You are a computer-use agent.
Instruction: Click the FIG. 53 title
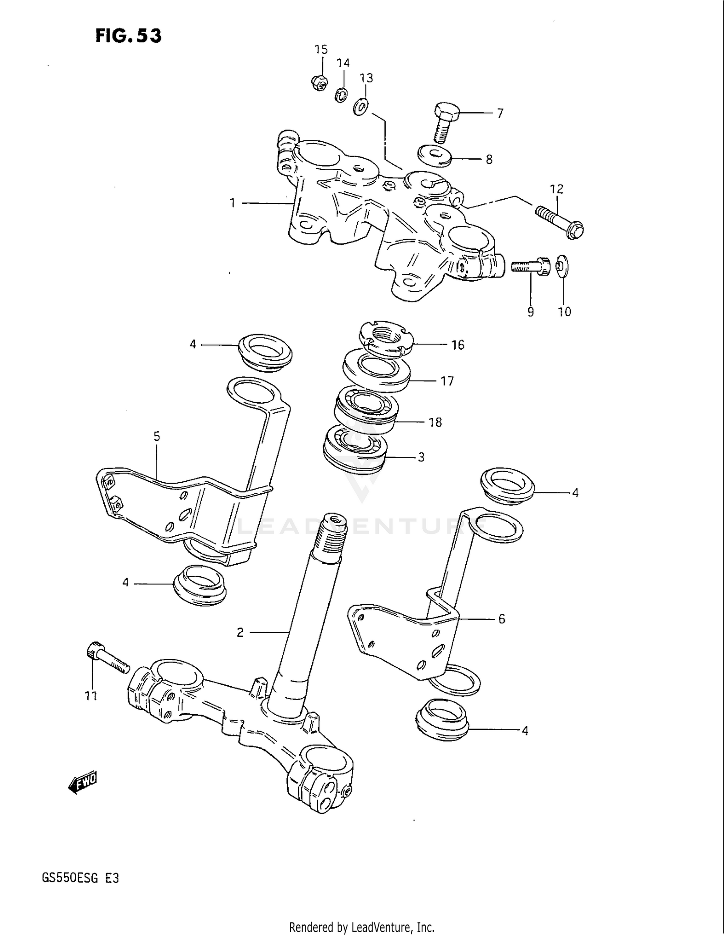(128, 35)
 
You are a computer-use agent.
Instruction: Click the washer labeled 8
(434, 155)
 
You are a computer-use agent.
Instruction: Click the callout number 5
(156, 436)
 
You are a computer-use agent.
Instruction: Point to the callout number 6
(501, 619)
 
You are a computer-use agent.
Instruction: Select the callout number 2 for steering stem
(240, 632)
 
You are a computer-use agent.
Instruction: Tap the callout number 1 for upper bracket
(232, 203)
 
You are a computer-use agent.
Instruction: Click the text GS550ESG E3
(80, 878)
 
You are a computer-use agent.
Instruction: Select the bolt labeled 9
(531, 265)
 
